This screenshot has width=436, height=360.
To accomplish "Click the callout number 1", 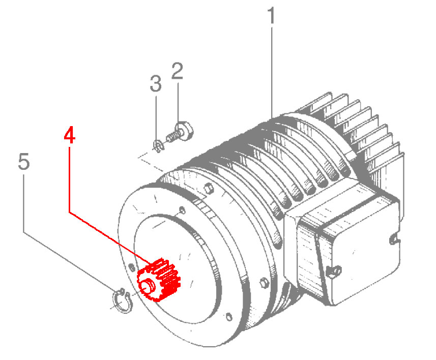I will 271,16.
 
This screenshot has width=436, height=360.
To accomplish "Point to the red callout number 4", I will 69,136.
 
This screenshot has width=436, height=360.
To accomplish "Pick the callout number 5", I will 23,162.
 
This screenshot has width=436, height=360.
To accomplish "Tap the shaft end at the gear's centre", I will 148,285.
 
